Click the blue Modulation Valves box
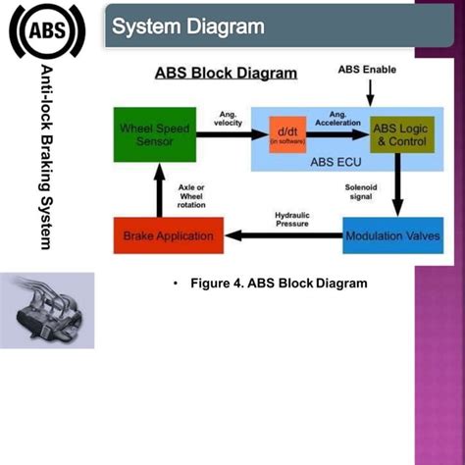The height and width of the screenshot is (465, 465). [x=392, y=235]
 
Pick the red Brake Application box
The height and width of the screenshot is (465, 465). [x=170, y=235]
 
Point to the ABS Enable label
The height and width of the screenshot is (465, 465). [x=368, y=70]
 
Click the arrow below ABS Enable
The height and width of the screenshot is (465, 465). [x=370, y=93]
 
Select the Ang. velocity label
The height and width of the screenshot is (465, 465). [x=228, y=118]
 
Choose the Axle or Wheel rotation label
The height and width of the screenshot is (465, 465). [x=191, y=194]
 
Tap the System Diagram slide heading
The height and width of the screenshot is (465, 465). [x=187, y=26]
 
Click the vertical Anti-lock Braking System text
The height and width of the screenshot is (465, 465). [x=47, y=157]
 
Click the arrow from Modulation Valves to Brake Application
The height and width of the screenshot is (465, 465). [x=284, y=234]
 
